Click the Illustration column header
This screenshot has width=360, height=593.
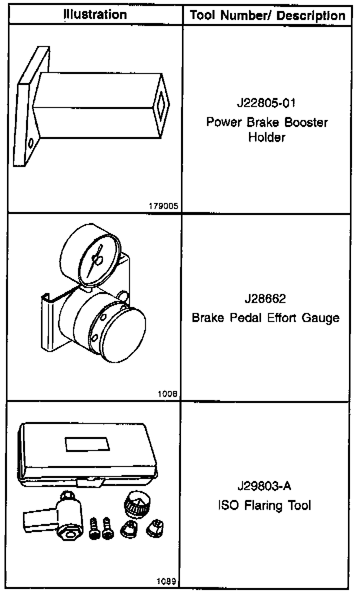95,14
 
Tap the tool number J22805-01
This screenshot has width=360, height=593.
266,104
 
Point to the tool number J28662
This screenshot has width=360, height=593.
265,299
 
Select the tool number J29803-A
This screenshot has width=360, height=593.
265,486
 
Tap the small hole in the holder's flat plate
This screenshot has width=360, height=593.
31,143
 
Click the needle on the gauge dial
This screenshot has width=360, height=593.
95,260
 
